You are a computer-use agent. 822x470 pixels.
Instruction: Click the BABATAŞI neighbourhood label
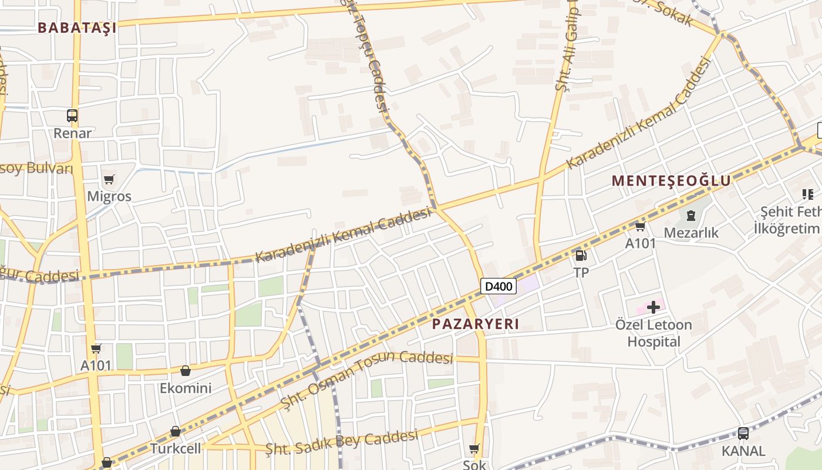(x=77, y=27)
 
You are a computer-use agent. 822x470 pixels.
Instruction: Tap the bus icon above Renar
(x=72, y=116)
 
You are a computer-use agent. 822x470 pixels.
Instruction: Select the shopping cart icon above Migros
(x=109, y=179)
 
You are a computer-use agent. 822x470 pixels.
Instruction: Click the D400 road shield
(x=498, y=287)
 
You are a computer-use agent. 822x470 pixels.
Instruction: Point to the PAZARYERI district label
(x=476, y=324)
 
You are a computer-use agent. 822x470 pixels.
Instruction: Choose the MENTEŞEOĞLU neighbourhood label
(x=671, y=180)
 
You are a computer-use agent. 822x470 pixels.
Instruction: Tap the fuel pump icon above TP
(x=581, y=255)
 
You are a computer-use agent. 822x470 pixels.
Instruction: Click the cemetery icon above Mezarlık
(x=691, y=216)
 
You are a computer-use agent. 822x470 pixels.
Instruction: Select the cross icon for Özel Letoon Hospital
(x=653, y=307)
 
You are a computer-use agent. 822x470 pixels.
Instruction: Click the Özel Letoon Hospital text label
(x=653, y=333)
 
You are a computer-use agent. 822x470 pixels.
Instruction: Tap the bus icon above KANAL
(x=743, y=434)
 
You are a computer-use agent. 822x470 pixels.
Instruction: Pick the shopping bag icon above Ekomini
(x=186, y=371)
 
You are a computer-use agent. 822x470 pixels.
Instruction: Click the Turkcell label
(x=176, y=449)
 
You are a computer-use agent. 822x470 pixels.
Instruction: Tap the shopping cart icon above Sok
(x=474, y=449)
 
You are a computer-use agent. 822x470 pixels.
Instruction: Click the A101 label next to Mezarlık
(x=640, y=243)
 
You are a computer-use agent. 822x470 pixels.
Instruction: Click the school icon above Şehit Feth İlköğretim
(x=808, y=194)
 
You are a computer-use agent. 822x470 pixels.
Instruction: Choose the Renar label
(x=73, y=133)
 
